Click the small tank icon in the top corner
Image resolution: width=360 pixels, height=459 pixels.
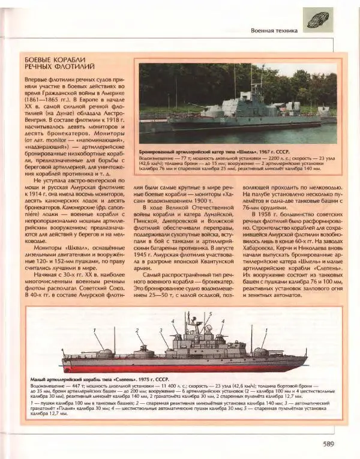[x=317, y=19]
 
